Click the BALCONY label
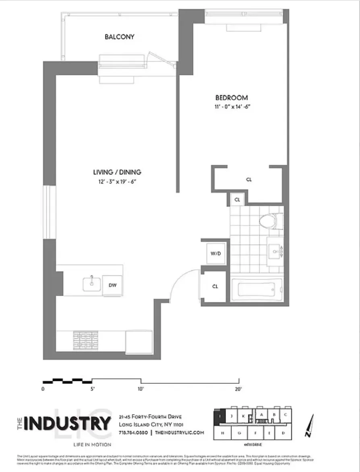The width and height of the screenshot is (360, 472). (119, 37)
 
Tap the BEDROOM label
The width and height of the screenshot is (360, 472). (232, 98)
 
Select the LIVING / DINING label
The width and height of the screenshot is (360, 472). (117, 172)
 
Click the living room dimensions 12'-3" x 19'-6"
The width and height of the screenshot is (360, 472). (117, 181)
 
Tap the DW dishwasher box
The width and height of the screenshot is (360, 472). (112, 285)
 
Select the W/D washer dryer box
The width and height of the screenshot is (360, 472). (216, 253)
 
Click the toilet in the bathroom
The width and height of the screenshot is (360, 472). (269, 221)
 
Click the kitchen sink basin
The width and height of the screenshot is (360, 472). (92, 284)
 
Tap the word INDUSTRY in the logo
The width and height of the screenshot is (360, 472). (67, 423)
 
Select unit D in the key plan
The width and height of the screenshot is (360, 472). (283, 433)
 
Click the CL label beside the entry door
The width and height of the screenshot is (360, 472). (215, 286)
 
